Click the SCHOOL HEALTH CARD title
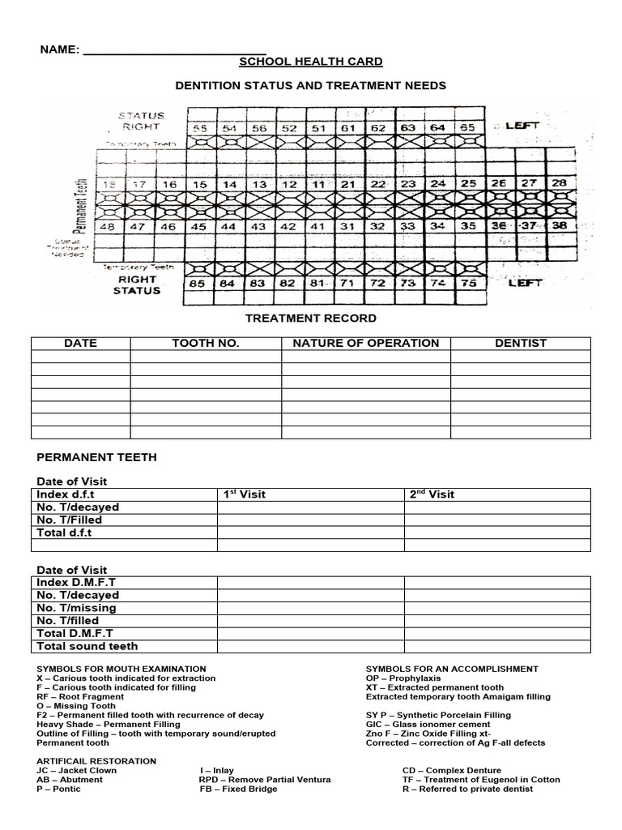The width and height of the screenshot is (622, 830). (x=311, y=62)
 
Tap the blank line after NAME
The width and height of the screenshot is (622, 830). (x=175, y=50)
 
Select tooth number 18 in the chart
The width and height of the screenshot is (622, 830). (x=106, y=185)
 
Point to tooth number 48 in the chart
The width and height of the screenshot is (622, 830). (x=106, y=227)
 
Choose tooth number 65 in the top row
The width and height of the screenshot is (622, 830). (x=468, y=128)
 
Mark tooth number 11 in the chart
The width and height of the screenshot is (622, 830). (x=318, y=185)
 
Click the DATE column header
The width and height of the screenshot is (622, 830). (x=80, y=343)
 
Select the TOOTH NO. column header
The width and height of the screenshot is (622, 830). (x=206, y=343)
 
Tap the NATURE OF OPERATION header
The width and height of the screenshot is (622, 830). (x=366, y=343)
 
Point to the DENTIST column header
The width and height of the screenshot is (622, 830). (x=521, y=343)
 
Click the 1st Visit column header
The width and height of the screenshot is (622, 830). (x=244, y=494)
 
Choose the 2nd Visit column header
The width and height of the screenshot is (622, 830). (x=429, y=494)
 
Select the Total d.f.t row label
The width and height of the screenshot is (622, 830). (x=65, y=533)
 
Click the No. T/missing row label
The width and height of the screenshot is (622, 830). (x=76, y=608)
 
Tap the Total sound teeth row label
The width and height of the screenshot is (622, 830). (x=87, y=646)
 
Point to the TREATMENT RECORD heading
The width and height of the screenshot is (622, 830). (x=311, y=319)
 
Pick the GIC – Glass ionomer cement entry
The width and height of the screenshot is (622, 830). (x=428, y=725)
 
